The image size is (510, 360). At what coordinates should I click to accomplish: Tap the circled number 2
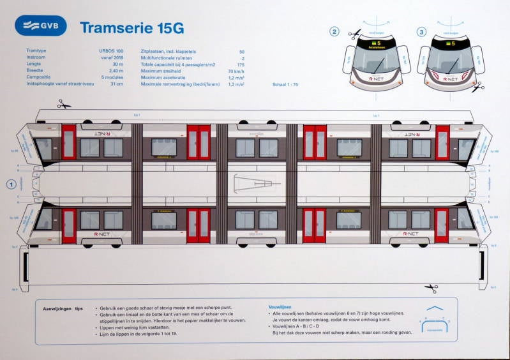[x=334, y=31]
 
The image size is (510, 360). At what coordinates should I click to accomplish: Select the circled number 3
[x=421, y=31]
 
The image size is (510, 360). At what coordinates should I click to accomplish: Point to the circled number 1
[x=10, y=184]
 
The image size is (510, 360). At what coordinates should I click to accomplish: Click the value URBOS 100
[x=111, y=51]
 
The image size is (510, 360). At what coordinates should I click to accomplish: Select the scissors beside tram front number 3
[x=477, y=87]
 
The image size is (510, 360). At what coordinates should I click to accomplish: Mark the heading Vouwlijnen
[x=281, y=307]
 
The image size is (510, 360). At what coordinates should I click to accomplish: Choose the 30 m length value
[x=117, y=64]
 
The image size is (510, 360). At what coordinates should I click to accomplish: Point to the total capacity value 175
[x=241, y=64]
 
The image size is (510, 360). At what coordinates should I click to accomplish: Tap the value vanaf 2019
[x=112, y=57]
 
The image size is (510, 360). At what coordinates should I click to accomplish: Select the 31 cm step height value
[x=116, y=84]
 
